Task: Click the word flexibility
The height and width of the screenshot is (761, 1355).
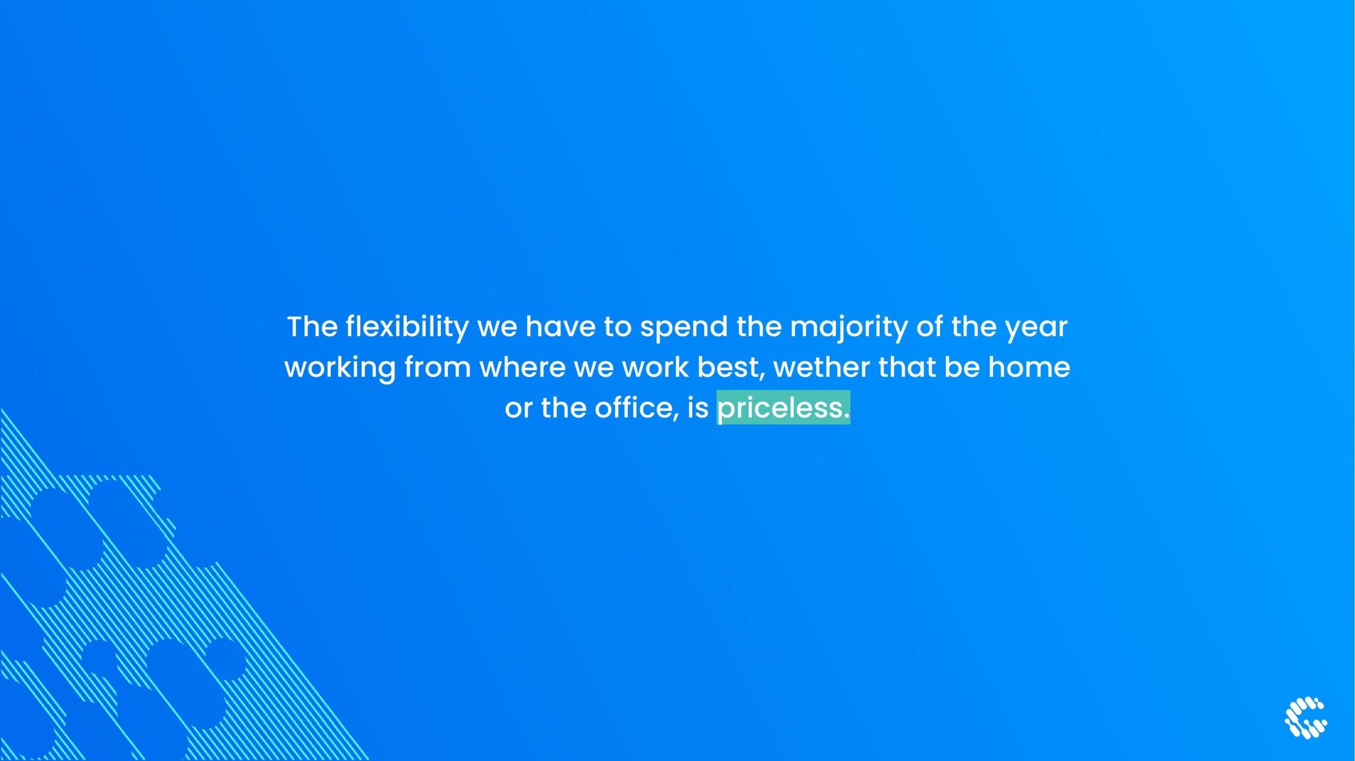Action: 407,327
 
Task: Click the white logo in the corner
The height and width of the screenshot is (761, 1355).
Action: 1306,717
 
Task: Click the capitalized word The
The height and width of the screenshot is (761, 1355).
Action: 312,327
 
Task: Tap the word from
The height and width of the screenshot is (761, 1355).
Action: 438,367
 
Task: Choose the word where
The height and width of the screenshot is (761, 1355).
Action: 522,367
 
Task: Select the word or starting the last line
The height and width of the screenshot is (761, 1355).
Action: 518,409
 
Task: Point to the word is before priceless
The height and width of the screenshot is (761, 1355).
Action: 698,408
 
